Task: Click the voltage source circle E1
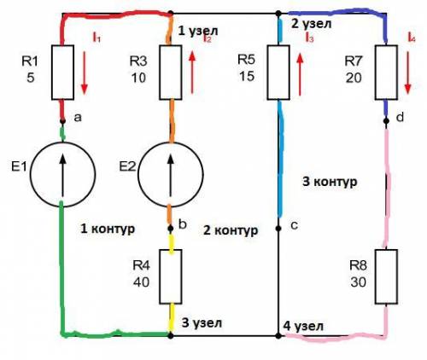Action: point(30,174)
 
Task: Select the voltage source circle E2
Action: point(137,174)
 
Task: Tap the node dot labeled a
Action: point(62,121)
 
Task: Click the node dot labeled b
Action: point(171,229)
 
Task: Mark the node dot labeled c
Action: point(278,229)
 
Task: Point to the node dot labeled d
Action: point(386,121)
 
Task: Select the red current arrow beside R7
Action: point(407,73)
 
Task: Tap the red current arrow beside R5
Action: point(300,73)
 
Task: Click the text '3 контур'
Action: point(330,181)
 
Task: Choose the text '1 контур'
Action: point(108,229)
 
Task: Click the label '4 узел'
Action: point(303,326)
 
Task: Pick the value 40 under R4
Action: point(141,282)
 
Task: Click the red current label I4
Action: point(412,38)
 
